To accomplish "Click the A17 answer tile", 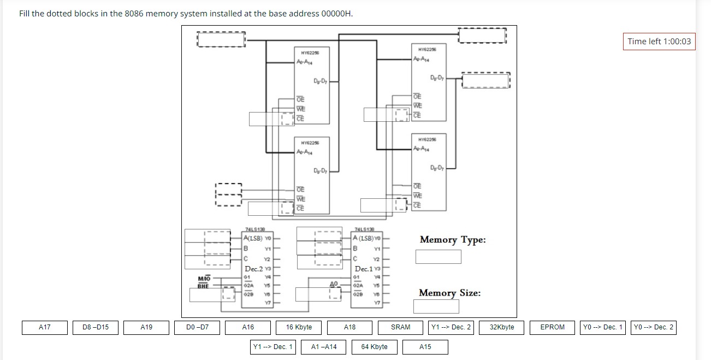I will pos(45,327).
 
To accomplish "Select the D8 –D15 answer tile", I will pos(96,327).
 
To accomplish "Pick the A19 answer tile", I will pos(146,327).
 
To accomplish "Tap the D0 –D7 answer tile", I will pos(197,327).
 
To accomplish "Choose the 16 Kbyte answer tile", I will pos(299,327).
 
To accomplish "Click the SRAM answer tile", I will pos(400,327).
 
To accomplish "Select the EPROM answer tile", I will pos(552,327).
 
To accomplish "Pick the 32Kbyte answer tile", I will pos(501,327).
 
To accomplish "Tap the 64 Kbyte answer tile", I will pos(375,347).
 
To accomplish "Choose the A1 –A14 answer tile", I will pos(324,347).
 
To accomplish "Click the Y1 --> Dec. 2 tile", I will pos(451,327).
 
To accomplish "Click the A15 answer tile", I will pos(425,347).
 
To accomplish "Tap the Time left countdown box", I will pos(659,42).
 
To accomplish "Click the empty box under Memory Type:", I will pos(438,256).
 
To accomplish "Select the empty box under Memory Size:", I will pos(436,306).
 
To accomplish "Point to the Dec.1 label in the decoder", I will pos(364,269).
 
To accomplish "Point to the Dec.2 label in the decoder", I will pos(254,269).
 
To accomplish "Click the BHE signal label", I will pos(203,286).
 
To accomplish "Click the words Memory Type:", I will pos(452,240).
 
